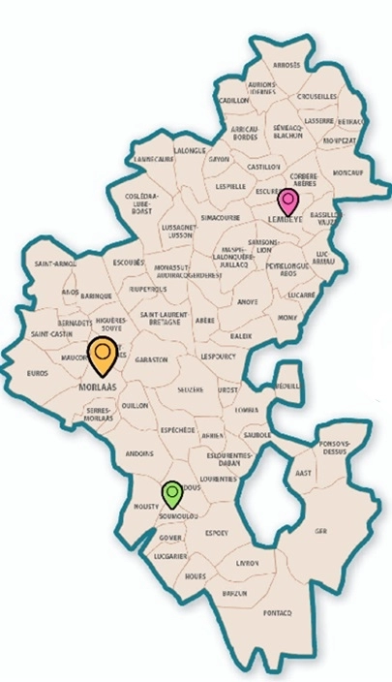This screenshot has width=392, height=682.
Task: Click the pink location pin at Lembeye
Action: [287, 202]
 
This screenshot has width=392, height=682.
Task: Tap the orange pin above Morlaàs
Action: [102, 355]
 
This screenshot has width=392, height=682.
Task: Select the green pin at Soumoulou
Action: [171, 494]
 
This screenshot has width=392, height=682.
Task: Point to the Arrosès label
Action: [288, 65]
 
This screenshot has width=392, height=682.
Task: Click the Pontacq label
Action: [276, 612]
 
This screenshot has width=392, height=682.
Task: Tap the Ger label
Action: [320, 531]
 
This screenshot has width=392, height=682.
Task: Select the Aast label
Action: [303, 474]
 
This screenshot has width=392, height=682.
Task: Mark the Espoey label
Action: [216, 532]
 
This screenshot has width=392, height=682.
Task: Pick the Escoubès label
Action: [129, 262]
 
